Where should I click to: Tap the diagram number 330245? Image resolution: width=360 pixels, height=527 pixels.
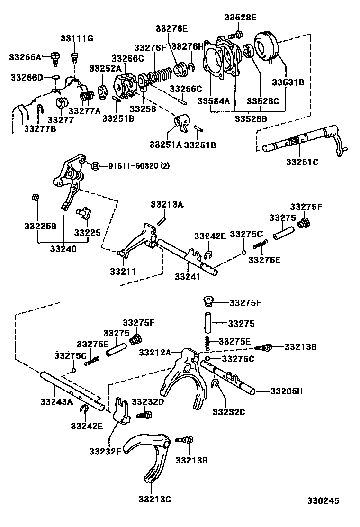323,500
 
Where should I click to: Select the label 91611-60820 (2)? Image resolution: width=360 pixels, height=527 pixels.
139,166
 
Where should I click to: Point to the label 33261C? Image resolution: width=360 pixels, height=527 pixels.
302,162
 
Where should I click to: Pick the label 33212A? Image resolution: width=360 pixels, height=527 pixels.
155,352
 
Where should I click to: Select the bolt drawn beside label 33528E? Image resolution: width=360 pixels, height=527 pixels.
234,35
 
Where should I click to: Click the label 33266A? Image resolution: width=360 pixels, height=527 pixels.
25,57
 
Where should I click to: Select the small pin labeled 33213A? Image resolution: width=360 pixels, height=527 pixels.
161,219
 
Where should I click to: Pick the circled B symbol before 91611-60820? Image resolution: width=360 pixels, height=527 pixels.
95,166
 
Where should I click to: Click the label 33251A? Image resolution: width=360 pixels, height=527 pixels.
165,145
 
